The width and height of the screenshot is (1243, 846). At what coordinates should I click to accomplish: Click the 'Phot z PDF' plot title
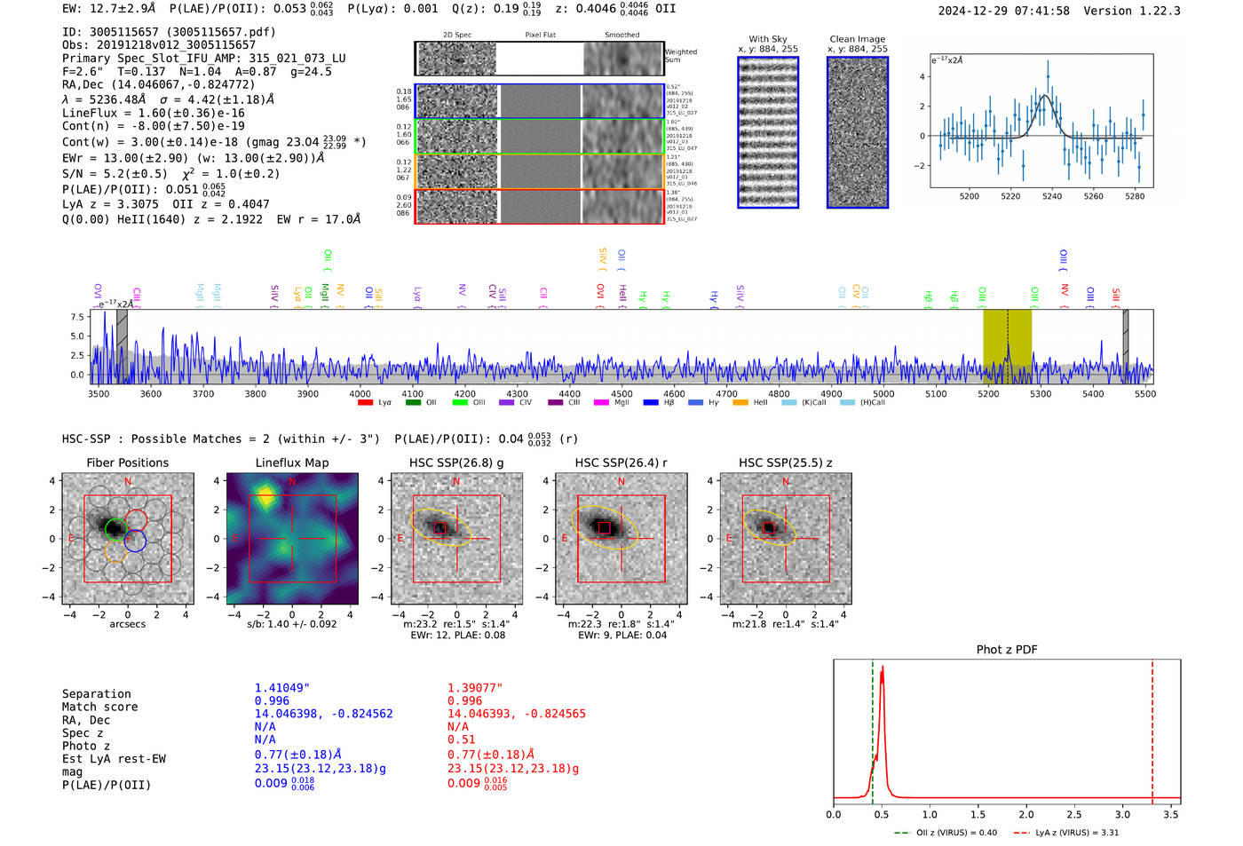[x=1007, y=650]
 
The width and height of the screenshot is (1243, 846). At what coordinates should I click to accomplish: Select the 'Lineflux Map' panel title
[x=291, y=463]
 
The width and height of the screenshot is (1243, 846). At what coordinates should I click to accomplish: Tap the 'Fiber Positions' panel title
[x=127, y=463]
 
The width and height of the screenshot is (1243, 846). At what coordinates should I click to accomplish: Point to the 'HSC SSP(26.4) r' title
[x=621, y=463]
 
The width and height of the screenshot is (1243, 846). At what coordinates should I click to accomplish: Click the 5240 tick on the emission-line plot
[x=1052, y=196]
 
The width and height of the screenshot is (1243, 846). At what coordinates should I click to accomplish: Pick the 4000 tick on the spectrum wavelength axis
[x=360, y=394]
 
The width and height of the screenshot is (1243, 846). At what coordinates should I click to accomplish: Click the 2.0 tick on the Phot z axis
[x=1026, y=814]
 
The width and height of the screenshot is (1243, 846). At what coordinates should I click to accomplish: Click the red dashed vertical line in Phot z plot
[x=1152, y=728]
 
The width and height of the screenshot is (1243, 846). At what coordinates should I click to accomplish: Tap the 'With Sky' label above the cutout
[x=767, y=39]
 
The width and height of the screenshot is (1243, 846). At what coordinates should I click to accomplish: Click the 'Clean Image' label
[x=857, y=39]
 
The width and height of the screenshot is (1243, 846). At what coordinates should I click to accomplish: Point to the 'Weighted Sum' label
[x=680, y=56]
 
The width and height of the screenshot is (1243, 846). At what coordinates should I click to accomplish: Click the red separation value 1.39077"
[x=475, y=688]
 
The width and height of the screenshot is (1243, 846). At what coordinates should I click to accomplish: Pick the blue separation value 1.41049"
[x=282, y=688]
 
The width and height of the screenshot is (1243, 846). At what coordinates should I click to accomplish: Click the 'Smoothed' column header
[x=621, y=36]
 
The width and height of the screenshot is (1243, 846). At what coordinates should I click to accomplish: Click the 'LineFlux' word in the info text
[x=90, y=114]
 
